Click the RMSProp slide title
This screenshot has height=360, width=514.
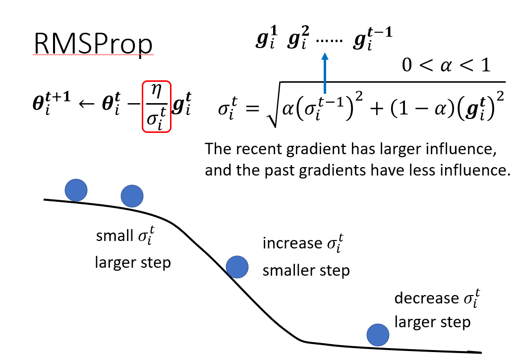pos(93,45)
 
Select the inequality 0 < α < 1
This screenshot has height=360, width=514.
pos(446,64)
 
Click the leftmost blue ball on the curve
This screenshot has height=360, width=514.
pos(76,189)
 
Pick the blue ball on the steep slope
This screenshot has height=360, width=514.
pos(237,267)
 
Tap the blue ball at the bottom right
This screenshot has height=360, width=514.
pos(378,334)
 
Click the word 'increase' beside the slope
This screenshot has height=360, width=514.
pos(292,243)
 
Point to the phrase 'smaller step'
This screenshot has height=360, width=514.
pos(306,271)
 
